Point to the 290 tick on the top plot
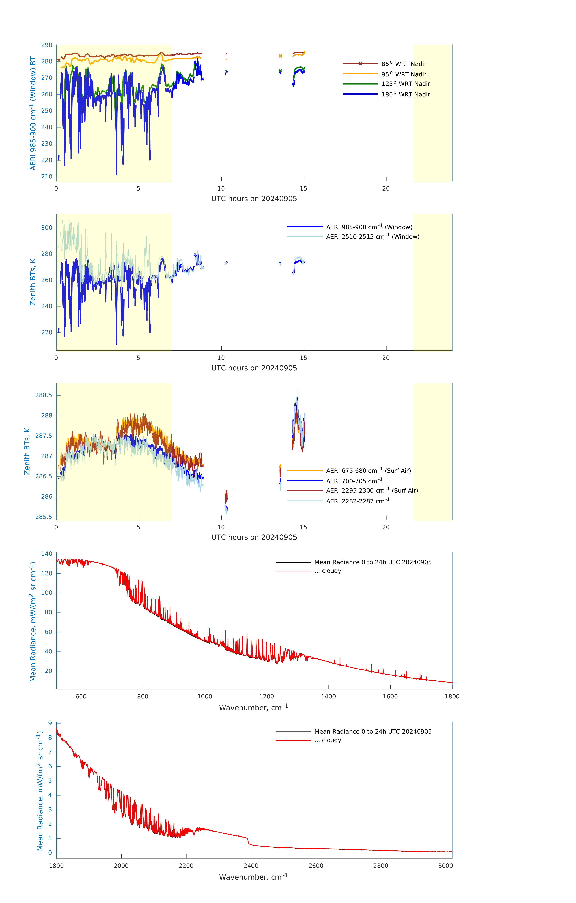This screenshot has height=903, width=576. [x=47, y=45]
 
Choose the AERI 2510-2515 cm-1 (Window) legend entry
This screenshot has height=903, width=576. [x=373, y=237]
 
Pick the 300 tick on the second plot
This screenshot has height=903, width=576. [x=47, y=228]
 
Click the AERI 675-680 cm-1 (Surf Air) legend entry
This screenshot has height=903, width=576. [x=368, y=471]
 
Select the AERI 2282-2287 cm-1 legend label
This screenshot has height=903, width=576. [x=358, y=501]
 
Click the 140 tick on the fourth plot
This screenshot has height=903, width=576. [x=47, y=554]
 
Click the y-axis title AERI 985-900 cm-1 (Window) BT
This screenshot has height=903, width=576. [x=33, y=113]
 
